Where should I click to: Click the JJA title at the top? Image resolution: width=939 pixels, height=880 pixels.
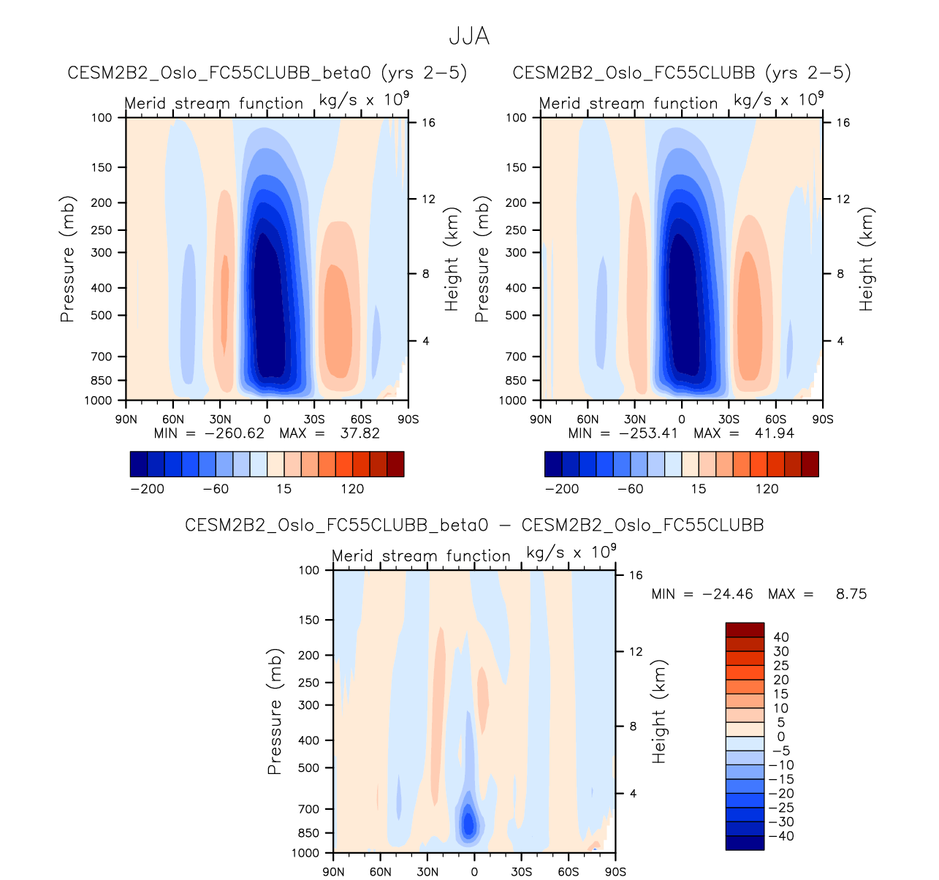click(468, 37)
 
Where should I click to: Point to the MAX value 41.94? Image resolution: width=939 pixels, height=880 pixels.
click(775, 433)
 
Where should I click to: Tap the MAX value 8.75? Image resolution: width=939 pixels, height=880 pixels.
click(851, 594)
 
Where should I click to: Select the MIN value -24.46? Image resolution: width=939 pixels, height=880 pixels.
click(727, 594)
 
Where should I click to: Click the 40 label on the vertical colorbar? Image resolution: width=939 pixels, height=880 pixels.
click(781, 637)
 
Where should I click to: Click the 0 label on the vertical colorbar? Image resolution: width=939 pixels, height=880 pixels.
click(781, 737)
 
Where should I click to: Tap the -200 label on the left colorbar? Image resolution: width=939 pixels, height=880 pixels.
click(147, 489)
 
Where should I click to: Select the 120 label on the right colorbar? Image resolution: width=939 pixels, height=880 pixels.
click(767, 489)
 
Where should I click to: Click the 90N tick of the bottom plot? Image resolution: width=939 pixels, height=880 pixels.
click(334, 872)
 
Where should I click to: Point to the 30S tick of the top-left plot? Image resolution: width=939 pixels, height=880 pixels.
click(314, 420)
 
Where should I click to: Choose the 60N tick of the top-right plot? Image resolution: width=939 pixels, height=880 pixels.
click(588, 420)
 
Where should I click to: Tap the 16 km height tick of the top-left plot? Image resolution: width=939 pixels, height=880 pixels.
click(428, 123)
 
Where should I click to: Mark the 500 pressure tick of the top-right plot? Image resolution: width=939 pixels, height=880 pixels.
click(516, 316)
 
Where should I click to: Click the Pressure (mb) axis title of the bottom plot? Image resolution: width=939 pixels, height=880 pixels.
click(275, 711)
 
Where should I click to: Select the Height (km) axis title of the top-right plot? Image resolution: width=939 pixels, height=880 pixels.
click(867, 259)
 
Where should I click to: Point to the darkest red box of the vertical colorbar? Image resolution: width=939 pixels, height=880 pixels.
click(745, 630)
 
